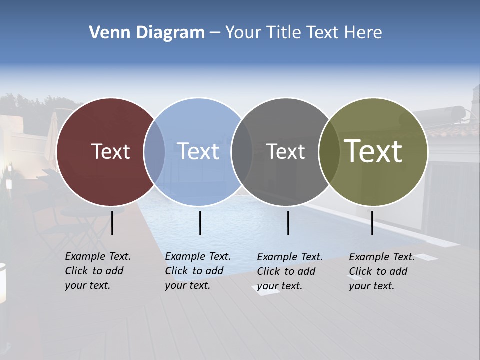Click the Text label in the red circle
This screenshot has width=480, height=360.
click(110, 151)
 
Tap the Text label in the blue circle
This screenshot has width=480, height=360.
click(198, 151)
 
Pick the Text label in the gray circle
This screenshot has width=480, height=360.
click(286, 151)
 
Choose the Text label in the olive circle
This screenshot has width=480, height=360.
click(373, 151)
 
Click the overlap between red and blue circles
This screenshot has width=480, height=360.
click(154, 152)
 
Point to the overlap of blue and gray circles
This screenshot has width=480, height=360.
click(242, 152)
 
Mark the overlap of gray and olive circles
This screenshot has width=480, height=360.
click(329, 152)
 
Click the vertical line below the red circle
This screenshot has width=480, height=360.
click(112, 223)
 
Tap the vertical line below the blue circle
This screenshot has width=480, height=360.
click(200, 223)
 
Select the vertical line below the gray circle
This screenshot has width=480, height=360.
click(288, 223)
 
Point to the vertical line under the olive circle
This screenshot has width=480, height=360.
click(372, 223)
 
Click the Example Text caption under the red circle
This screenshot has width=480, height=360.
click(98, 271)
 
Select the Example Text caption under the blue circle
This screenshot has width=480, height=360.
click(198, 271)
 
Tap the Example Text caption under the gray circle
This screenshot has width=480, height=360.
click(290, 271)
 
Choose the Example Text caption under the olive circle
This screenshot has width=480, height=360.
click(382, 271)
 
